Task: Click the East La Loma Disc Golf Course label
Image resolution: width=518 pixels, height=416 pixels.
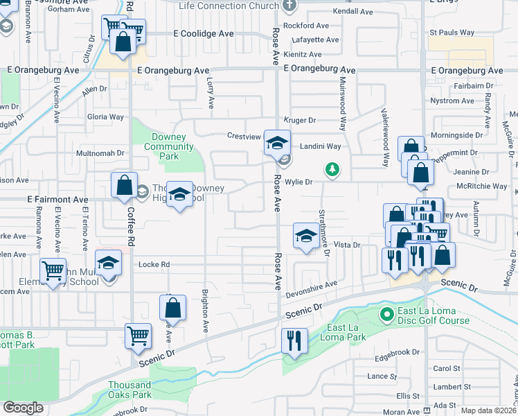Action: tap(433, 315)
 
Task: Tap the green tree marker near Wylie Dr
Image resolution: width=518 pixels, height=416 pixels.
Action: tap(332, 168)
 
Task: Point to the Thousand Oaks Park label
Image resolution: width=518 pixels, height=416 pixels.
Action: tap(129, 390)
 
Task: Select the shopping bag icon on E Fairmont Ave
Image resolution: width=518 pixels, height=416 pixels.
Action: tap(125, 186)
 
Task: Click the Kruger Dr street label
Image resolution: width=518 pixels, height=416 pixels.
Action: tap(299, 120)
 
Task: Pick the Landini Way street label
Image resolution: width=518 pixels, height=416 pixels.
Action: tap(320, 146)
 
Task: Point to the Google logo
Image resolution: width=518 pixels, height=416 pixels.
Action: tap(23, 408)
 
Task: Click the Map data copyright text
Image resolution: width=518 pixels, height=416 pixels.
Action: tap(488, 410)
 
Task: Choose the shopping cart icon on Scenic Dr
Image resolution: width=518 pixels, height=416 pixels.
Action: tap(138, 335)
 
